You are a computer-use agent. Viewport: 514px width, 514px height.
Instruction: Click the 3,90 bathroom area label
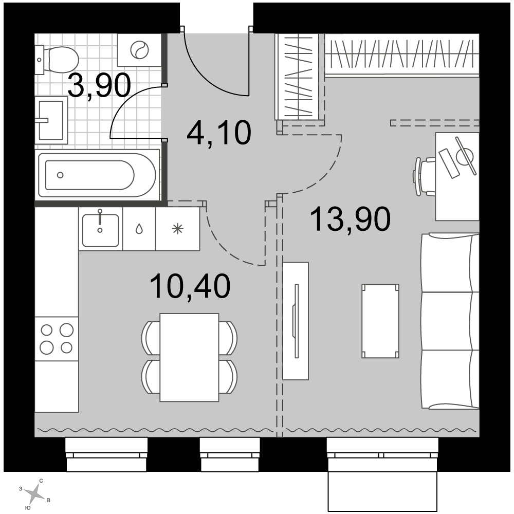[x=99, y=86]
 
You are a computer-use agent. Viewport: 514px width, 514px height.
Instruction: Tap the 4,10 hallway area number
[x=218, y=133]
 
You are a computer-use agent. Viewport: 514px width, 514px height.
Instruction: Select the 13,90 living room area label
[x=350, y=218]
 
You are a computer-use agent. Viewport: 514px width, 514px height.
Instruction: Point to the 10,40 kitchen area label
[x=190, y=286]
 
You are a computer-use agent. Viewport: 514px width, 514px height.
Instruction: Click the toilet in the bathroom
[x=58, y=59]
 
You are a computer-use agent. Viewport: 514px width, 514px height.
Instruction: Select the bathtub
[x=98, y=175]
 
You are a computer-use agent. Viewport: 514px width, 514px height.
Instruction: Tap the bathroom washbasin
[x=51, y=120]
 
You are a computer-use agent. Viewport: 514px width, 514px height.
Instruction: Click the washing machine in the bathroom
[x=139, y=50]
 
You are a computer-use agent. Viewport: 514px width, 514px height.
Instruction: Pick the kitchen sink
[x=101, y=229]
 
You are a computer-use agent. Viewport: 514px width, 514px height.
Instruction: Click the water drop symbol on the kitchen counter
[x=139, y=229]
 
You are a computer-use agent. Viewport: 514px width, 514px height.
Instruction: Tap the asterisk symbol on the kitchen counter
[x=178, y=229]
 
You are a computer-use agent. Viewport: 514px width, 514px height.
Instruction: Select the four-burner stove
[x=57, y=339]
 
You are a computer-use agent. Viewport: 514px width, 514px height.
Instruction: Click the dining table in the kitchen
[x=190, y=357]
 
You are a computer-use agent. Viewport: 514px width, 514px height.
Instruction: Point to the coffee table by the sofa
[x=380, y=321]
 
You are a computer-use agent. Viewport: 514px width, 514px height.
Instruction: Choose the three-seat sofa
[x=450, y=321]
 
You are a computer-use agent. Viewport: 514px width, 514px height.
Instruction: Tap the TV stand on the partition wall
[x=296, y=321]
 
